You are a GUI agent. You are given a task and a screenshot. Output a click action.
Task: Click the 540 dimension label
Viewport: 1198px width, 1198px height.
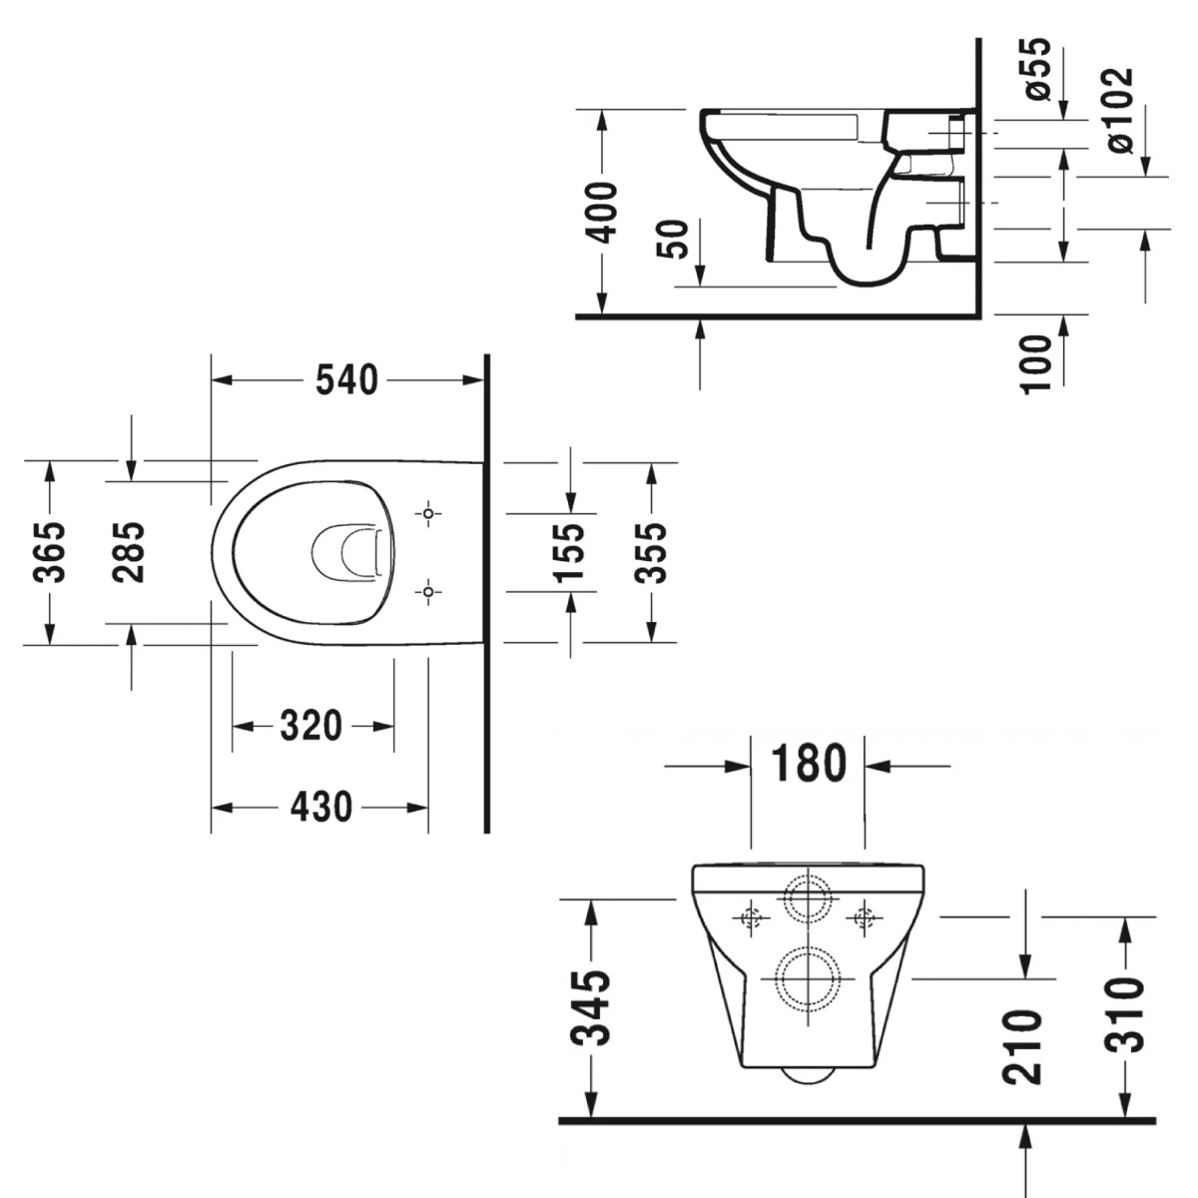point(346,380)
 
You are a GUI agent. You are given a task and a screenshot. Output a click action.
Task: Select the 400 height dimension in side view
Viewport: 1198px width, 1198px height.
point(603,212)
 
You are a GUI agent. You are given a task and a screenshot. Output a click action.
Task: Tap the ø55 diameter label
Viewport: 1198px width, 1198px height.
point(1038,68)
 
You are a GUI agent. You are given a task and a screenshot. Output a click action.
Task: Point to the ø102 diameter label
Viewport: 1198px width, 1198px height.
point(1121,110)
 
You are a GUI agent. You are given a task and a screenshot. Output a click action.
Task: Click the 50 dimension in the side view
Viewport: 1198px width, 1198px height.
point(677,240)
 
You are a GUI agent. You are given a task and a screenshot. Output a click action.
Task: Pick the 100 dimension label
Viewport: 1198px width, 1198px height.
point(1038,362)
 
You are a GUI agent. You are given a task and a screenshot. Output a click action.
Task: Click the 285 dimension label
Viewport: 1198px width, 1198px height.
point(130,551)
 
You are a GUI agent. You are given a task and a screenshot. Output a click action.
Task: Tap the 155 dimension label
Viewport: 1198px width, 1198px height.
point(569,551)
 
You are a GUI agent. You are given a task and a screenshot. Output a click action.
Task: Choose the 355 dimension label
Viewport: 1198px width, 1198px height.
point(651,551)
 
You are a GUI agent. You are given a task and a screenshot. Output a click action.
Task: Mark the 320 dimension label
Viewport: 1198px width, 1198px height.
point(310,726)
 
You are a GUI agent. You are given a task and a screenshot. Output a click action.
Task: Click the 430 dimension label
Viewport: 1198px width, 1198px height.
point(321,806)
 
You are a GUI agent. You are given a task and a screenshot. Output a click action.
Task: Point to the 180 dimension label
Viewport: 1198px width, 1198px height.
point(808,765)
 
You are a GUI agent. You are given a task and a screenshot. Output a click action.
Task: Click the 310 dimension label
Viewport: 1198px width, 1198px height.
point(1126,1013)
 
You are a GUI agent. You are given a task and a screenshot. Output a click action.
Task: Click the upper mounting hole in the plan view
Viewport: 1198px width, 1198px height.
point(429,514)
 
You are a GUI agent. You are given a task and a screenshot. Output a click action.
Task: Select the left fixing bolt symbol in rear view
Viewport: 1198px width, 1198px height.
point(752,916)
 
